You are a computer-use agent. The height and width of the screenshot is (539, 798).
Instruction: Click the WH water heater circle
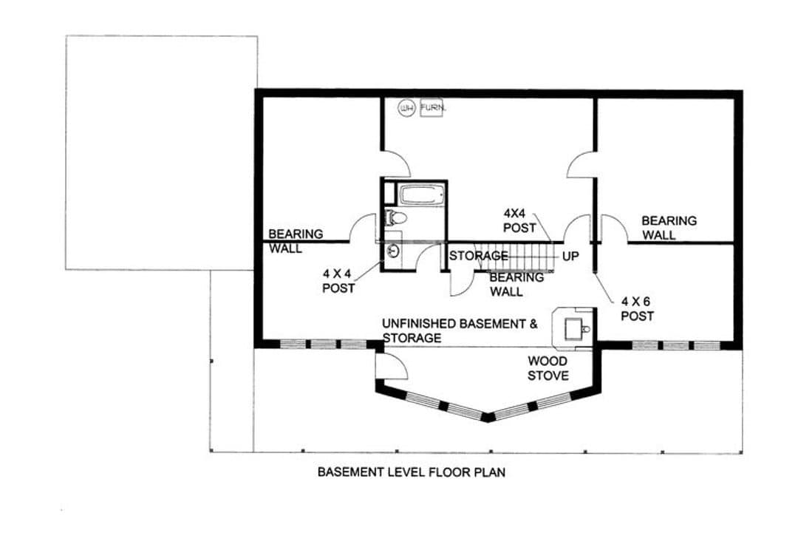coord(406,108)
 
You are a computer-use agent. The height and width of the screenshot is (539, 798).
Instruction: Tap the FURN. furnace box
coord(432,107)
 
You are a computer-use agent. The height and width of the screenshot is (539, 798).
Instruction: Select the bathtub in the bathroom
coord(423,195)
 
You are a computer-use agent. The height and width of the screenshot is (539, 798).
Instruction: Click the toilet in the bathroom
coord(395,218)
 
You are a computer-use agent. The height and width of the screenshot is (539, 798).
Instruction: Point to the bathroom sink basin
coord(393,251)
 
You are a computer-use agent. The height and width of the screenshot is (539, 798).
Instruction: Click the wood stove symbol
coord(575,328)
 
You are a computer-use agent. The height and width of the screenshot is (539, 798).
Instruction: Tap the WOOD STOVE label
coord(548,368)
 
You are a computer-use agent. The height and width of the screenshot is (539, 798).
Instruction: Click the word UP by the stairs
coord(570,257)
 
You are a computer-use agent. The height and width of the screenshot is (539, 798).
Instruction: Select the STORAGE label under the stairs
coord(478,256)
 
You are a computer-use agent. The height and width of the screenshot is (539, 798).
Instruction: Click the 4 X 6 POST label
coord(637,309)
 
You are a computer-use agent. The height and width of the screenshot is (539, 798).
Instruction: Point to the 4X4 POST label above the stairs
coord(519,220)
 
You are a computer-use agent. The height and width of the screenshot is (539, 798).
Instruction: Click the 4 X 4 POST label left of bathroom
coord(338,281)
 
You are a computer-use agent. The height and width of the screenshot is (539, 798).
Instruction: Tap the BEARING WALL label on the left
coord(296,241)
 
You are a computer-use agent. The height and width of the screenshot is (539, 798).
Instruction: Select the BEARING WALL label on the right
coord(669,228)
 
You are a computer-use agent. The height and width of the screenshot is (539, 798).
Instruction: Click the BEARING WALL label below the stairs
coord(516,284)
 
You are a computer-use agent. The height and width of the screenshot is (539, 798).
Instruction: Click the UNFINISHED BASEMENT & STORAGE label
coord(460,330)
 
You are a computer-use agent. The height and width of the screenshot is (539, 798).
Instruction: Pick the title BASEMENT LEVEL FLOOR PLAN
coord(412,472)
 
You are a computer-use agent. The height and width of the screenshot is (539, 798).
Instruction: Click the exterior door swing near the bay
coord(392,365)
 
